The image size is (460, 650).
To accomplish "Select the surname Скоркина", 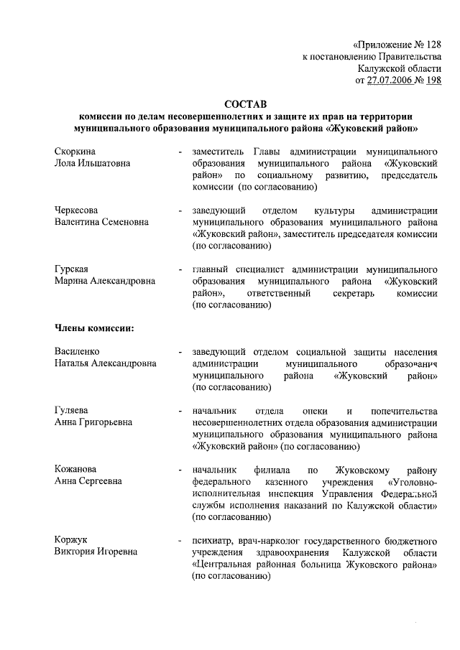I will pyautogui.click(x=75, y=152).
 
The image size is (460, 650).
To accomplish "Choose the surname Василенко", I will pyautogui.click(x=78, y=352).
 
